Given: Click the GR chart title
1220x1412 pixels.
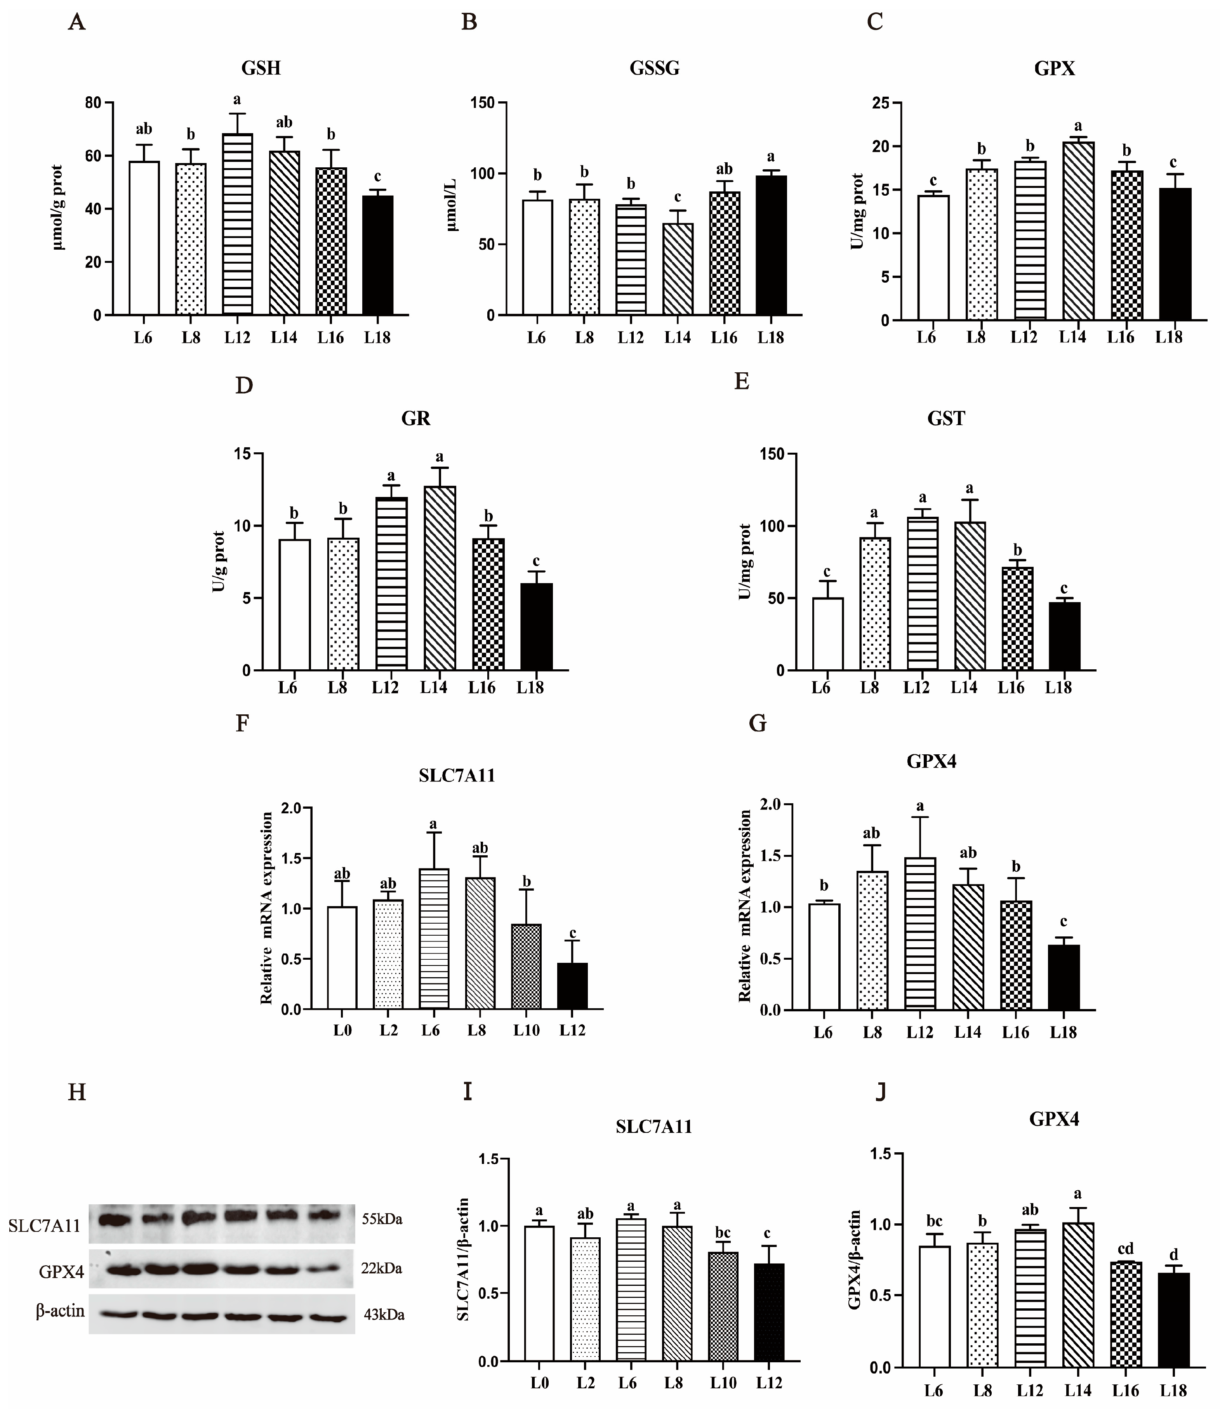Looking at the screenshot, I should coord(416,419).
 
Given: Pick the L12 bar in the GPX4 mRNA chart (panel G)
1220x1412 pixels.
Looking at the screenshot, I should coord(920,934).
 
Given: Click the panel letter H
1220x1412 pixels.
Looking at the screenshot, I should coord(77,1092).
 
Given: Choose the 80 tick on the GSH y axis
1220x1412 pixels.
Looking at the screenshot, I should coord(93,103).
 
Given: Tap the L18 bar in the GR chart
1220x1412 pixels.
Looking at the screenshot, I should coord(536,627).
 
